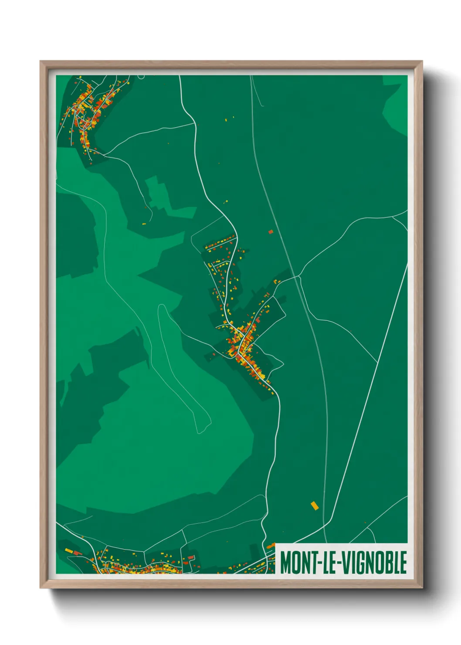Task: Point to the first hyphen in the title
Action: coord(319,564)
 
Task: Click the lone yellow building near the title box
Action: coord(314,506)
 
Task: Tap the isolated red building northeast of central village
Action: coord(271,232)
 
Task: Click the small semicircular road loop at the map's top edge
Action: coord(141,77)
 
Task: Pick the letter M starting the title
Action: coord(285,563)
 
